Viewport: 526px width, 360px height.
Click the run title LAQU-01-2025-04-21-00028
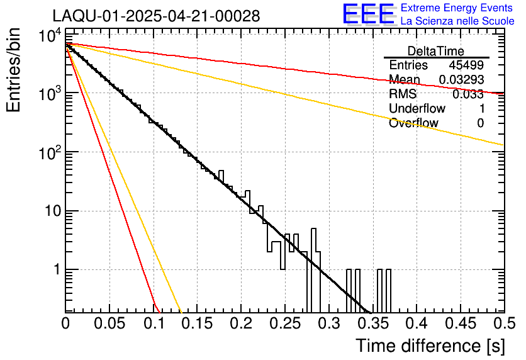pos(156,16)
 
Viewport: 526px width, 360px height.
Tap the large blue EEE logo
pos(368,15)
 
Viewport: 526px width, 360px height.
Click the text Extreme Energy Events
pos(457,8)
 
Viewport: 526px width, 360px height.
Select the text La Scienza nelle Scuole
pos(457,21)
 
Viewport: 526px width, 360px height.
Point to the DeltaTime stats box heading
pos(436,51)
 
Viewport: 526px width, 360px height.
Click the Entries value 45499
pos(466,65)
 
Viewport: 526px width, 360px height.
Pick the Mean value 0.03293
pos(461,80)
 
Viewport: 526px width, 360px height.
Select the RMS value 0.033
pos(468,94)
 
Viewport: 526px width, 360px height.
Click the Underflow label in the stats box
pos(417,109)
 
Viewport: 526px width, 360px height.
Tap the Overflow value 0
pos(480,123)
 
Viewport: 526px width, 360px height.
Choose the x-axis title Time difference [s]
pos(430,345)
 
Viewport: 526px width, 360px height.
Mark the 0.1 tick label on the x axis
pos(154,324)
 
